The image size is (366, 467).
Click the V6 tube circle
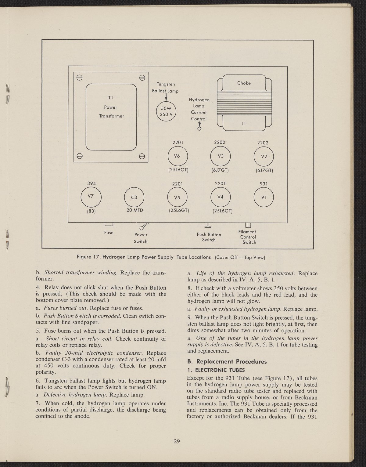pos(178,156)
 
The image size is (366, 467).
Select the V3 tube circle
pos(221,156)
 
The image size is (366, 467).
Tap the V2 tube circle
pos(264,156)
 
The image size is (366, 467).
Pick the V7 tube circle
pos(91,197)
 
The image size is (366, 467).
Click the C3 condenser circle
pos(134,197)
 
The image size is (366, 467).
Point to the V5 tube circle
pos(178,197)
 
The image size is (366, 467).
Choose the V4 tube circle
pos(221,197)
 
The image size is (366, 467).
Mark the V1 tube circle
pos(264,197)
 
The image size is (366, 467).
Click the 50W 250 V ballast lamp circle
pos(166,111)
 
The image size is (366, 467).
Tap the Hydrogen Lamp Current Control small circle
pos(199,129)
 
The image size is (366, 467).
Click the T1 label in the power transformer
pos(111,98)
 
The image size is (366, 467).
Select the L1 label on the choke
pos(243,124)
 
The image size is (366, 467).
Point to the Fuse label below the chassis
pos(109,233)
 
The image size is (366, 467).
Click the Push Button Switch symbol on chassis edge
pos(208,226)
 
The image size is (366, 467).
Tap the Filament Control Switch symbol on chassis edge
pos(248,225)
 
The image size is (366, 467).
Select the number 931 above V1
pos(264,184)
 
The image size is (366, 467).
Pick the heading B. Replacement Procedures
pos(227,362)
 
